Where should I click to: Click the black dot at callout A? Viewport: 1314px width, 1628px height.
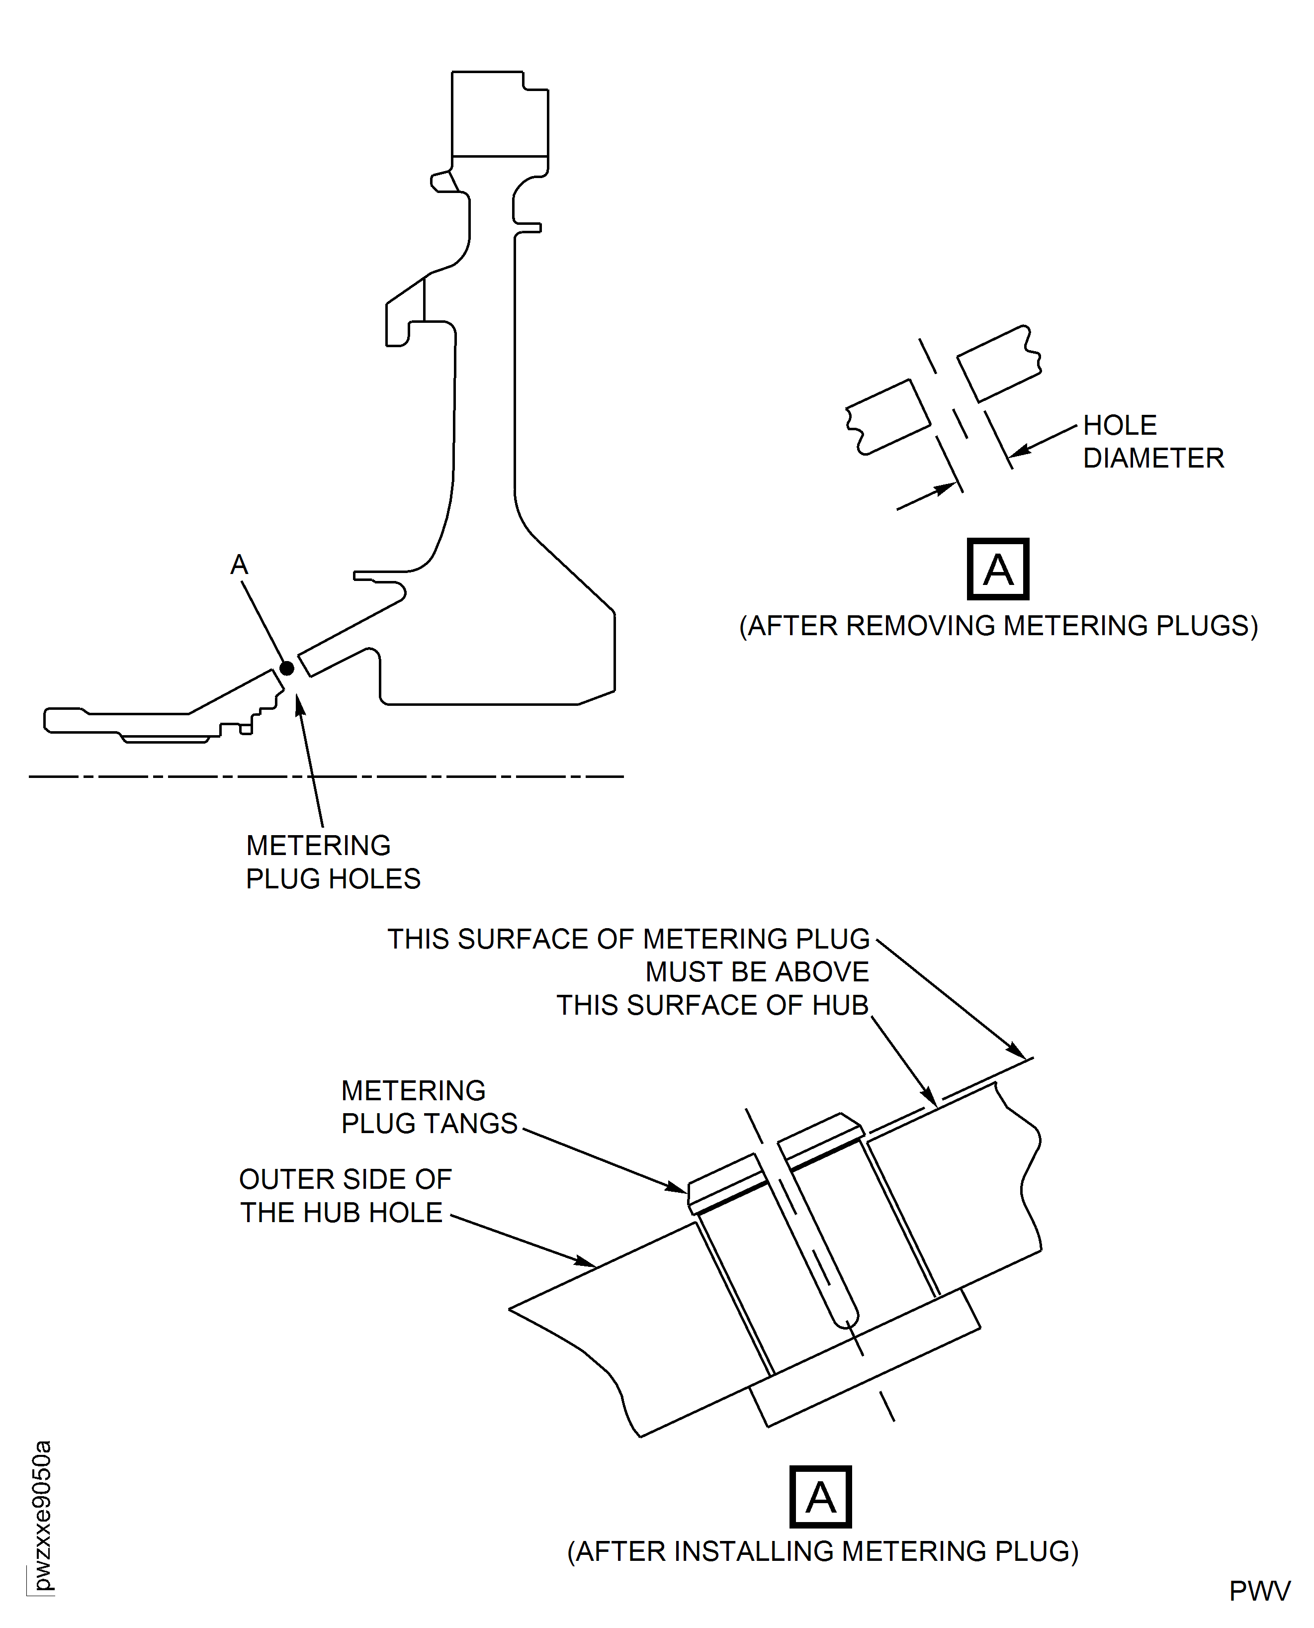[x=287, y=668]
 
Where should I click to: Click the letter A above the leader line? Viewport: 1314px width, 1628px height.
[x=239, y=565]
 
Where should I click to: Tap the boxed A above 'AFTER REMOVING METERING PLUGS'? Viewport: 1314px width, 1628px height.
[x=998, y=570]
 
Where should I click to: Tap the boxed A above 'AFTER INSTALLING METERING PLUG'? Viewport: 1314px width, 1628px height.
[x=820, y=1497]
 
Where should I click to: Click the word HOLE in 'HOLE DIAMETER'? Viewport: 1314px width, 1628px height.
[x=1120, y=426]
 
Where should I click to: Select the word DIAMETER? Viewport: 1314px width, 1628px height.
[x=1153, y=458]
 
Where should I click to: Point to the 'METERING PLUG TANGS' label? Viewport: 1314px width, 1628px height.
[x=429, y=1107]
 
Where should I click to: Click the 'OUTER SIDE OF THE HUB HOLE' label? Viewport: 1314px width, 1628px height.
[x=345, y=1196]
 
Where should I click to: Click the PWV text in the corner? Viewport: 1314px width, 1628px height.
[x=1259, y=1591]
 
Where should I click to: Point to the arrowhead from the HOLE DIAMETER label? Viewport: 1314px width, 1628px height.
[x=1019, y=452]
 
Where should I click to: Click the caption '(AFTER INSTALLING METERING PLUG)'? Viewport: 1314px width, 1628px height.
[x=823, y=1551]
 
